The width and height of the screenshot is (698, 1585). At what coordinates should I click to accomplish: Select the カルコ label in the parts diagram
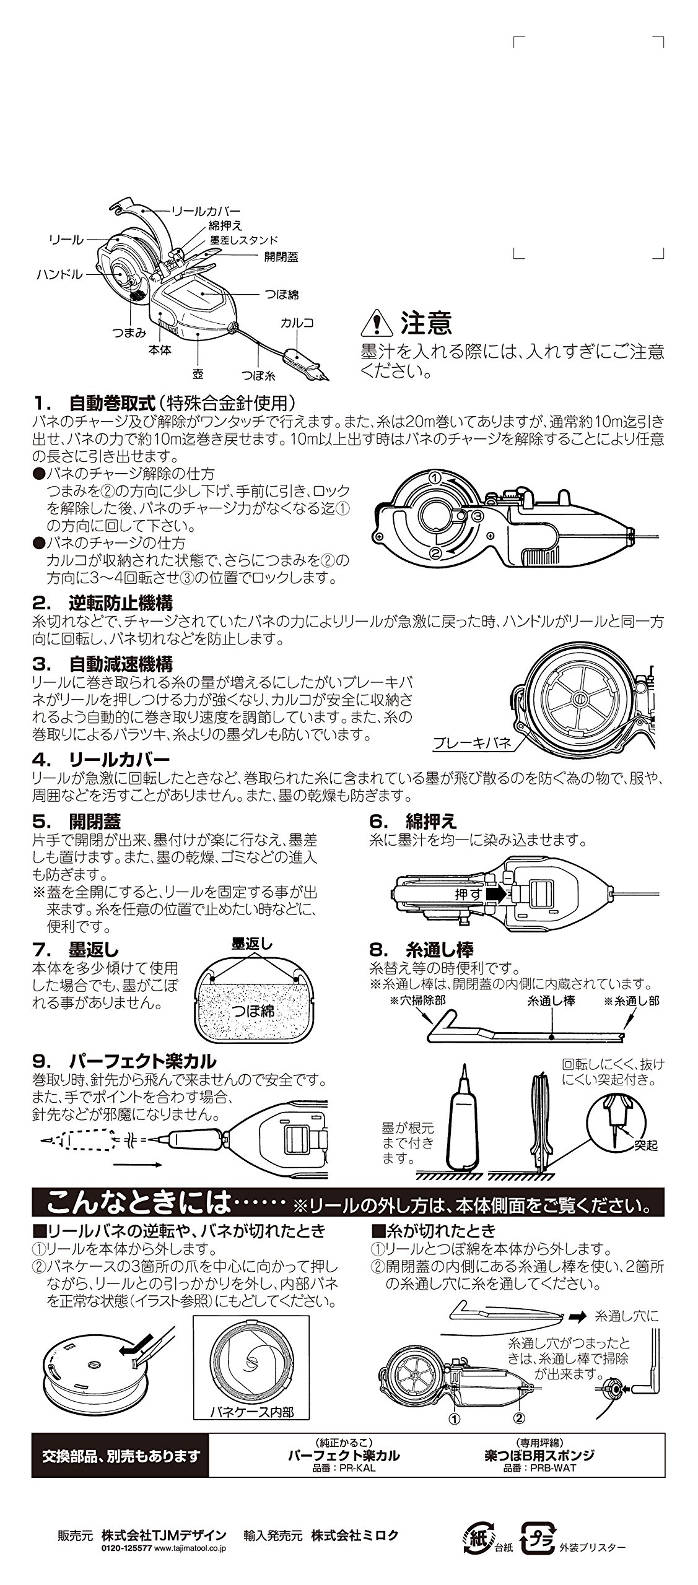pos(297,323)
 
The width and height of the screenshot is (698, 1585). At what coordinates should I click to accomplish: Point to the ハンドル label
pos(59,274)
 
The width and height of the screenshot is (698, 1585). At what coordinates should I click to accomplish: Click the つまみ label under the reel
pos(129,332)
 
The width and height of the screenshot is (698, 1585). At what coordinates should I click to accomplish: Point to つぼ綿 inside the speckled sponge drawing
pos(252,1012)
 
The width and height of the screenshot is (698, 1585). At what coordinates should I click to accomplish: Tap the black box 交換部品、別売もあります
pos(121,1456)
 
